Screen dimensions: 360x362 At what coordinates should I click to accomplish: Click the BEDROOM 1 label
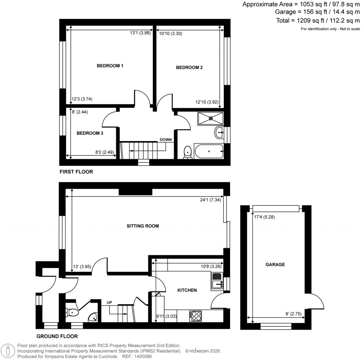(110, 66)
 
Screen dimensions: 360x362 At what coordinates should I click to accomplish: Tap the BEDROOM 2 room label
(189, 68)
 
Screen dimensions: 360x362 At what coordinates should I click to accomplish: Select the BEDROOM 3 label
(90, 133)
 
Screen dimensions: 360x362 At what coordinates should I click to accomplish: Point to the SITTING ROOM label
(142, 226)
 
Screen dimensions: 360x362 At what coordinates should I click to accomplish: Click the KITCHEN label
(187, 290)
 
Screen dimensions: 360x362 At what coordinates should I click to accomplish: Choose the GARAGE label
(275, 265)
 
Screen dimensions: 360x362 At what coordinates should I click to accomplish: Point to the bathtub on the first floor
(209, 152)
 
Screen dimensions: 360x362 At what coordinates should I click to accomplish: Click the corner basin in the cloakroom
(94, 318)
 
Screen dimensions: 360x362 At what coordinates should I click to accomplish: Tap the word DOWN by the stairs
(165, 140)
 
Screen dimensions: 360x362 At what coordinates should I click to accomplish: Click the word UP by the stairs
(110, 303)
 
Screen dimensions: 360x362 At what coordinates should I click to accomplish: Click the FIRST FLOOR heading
(76, 172)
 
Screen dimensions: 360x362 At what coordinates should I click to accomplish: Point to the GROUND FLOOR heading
(57, 336)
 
